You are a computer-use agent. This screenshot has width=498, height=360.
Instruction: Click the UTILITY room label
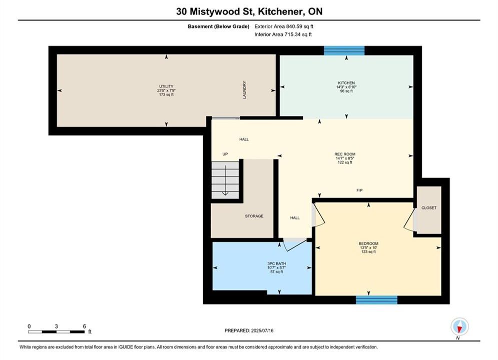click(166, 86)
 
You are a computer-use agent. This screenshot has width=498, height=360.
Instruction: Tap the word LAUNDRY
click(245, 90)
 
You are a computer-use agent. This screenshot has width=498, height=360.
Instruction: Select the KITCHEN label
click(346, 83)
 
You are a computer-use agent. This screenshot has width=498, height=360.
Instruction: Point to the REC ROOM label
click(345, 154)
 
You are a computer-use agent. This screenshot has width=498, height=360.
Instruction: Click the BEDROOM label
click(368, 243)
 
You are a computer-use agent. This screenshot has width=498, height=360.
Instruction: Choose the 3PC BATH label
click(277, 263)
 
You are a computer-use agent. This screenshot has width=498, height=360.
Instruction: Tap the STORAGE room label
click(254, 216)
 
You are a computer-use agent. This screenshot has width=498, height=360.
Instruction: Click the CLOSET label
click(429, 208)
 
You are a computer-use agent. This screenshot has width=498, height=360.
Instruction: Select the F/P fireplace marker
click(359, 190)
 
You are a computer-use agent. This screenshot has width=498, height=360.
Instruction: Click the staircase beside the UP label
click(225, 180)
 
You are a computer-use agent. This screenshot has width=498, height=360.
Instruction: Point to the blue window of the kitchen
click(344, 50)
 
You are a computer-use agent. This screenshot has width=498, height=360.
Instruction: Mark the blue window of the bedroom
click(376, 299)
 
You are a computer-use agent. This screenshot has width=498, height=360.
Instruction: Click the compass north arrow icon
click(459, 326)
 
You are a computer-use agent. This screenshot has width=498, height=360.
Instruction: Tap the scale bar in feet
click(56, 332)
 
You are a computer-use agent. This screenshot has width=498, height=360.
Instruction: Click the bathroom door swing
click(295, 244)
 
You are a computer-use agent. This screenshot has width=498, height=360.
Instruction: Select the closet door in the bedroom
click(410, 219)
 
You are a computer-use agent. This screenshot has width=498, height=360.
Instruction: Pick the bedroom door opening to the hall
click(318, 214)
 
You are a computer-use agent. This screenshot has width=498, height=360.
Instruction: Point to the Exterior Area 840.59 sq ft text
click(284, 26)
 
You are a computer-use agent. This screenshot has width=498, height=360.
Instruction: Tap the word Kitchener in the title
click(280, 11)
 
